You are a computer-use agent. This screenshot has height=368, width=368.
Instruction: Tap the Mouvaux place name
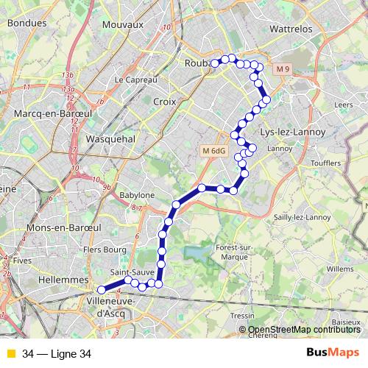click(121, 24)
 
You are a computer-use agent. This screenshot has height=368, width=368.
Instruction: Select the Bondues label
click(22, 23)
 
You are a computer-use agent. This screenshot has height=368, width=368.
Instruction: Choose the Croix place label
click(165, 102)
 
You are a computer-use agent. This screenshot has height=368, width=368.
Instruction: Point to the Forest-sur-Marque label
click(233, 252)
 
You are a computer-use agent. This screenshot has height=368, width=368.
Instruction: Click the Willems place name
click(340, 269)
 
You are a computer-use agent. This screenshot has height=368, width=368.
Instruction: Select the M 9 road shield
click(284, 69)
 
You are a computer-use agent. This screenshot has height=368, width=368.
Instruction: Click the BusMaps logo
click(333, 353)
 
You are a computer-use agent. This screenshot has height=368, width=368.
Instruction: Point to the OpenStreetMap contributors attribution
click(303, 330)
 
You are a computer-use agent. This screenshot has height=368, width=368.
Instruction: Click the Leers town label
click(343, 105)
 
